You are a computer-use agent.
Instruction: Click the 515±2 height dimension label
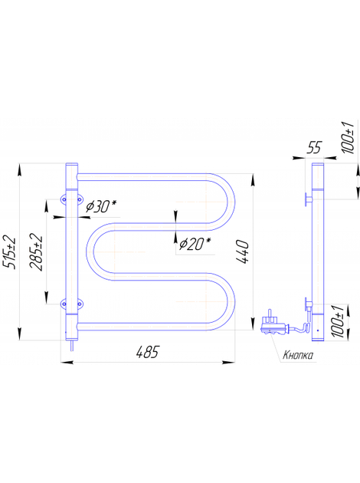click(9, 251)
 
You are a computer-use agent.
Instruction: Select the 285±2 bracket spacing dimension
click(36, 251)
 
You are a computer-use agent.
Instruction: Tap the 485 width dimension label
click(148, 352)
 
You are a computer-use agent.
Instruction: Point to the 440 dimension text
click(243, 251)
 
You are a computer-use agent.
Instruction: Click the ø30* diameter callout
click(101, 207)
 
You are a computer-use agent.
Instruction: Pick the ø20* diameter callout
click(195, 244)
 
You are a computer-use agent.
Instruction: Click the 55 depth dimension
click(314, 147)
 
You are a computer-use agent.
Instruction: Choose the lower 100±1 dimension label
click(339, 322)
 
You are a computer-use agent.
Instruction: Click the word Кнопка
click(298, 355)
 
